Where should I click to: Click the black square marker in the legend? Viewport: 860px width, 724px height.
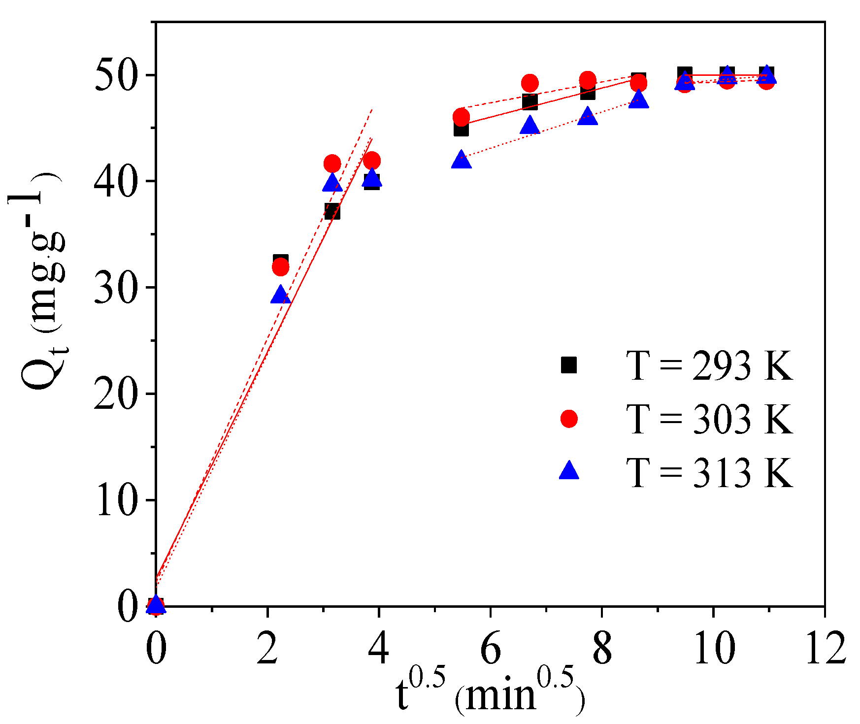569,365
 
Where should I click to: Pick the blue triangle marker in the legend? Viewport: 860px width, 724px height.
569,471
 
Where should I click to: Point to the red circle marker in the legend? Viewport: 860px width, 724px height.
569,419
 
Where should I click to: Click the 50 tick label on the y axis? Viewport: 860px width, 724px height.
115,75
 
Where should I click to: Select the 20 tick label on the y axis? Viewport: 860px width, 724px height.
115,394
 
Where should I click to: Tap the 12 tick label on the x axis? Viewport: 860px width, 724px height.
825,649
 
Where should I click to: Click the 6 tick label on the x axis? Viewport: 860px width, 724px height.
490,649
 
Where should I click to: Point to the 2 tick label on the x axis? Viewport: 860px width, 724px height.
267,649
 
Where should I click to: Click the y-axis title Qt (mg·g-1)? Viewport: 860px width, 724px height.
41,281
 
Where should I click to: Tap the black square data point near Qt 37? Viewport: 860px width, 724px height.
332,211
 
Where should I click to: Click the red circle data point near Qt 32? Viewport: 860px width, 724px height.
280,267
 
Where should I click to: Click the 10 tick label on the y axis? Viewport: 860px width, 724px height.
115,500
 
